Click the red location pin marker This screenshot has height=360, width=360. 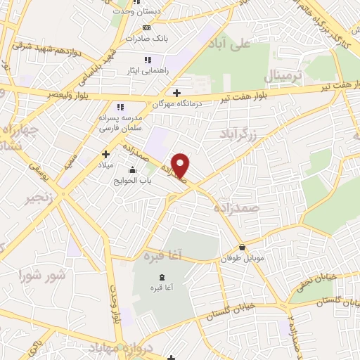[181, 165]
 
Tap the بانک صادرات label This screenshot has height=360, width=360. [146, 39]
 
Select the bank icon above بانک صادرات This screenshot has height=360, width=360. [146, 27]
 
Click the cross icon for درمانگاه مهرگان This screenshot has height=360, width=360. [176, 92]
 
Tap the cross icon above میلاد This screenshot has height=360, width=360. [105, 153]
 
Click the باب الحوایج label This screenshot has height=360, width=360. [131, 181]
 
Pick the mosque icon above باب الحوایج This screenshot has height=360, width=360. [131, 169]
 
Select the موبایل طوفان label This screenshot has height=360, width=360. [243, 259]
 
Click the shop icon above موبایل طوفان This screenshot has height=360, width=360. [243, 247]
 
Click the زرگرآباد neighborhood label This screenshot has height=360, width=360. [253, 132]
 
